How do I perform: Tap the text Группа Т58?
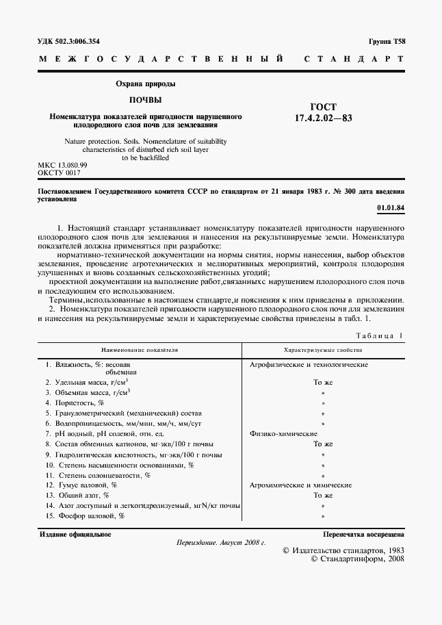387,41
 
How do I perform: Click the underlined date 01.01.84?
391,207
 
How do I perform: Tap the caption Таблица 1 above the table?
380,335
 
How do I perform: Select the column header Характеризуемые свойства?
322,349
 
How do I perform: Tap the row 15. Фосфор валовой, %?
85,515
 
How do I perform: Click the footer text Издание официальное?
75,534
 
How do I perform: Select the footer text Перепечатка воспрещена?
363,534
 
